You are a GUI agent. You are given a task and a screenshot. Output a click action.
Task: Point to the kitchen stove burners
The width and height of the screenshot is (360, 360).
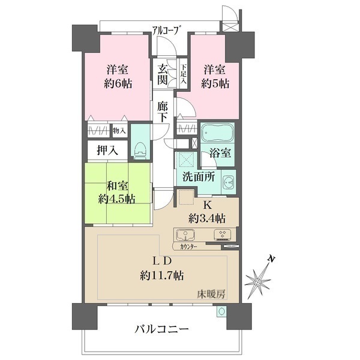(221, 235)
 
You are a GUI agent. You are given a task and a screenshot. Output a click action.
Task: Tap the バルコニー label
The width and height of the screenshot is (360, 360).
(161, 329)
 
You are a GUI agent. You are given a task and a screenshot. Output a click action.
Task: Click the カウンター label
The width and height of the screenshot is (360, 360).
(185, 246)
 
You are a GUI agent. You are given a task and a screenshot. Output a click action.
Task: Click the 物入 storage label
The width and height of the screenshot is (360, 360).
(119, 130)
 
